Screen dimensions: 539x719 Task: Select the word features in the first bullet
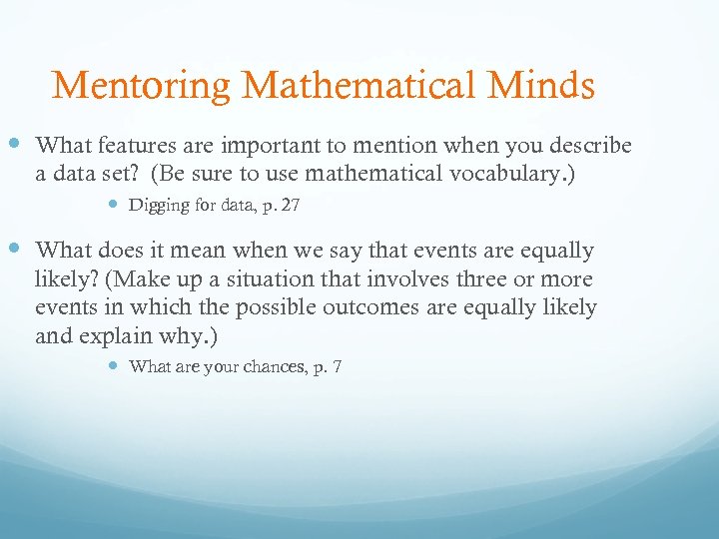[140, 146]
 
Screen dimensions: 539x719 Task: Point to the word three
[478, 279]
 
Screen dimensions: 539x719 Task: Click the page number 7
[338, 366]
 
